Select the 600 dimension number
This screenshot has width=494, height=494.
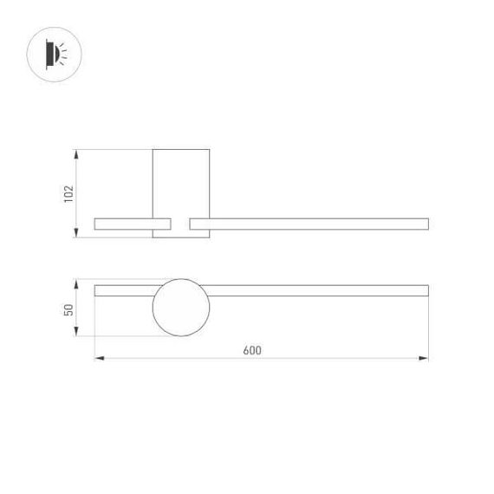252,350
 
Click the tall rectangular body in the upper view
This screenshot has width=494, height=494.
181,182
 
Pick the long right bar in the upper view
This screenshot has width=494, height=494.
309,224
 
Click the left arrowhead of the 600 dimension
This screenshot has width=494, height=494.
97,357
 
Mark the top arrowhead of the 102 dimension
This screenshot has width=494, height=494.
78,153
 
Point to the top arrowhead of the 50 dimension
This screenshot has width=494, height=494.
78,283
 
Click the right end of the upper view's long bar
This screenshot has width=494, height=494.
426,224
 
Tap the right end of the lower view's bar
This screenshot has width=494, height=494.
426,289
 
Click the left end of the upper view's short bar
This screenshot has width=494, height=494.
95,224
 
